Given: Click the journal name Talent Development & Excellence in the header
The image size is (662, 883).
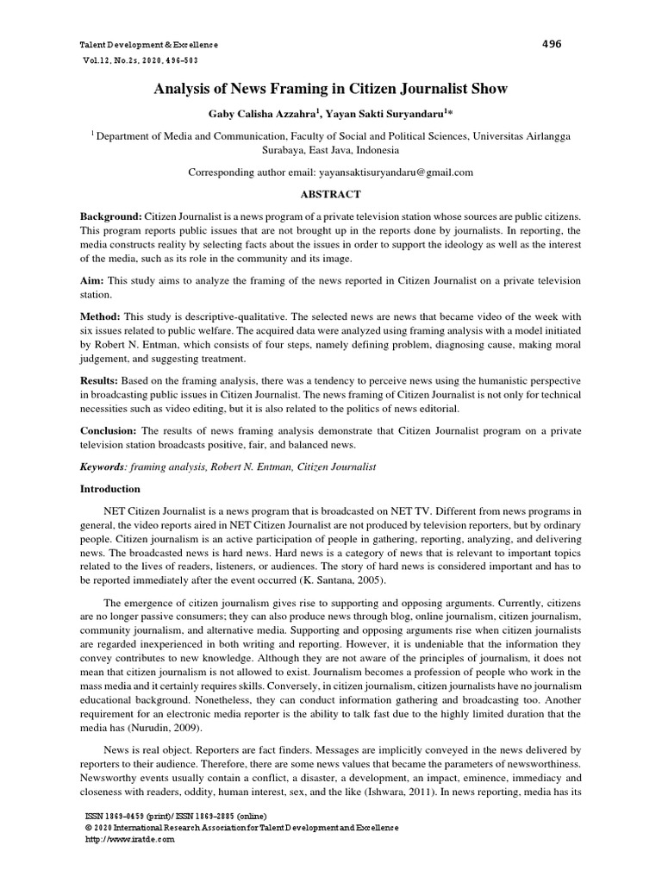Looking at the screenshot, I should [x=148, y=45].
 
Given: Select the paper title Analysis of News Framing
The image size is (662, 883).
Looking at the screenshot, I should [x=330, y=89].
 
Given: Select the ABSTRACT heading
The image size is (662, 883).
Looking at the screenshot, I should [x=330, y=195].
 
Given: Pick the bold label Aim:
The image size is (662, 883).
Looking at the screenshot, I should [x=94, y=281].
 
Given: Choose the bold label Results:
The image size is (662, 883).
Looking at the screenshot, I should [x=102, y=380].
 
